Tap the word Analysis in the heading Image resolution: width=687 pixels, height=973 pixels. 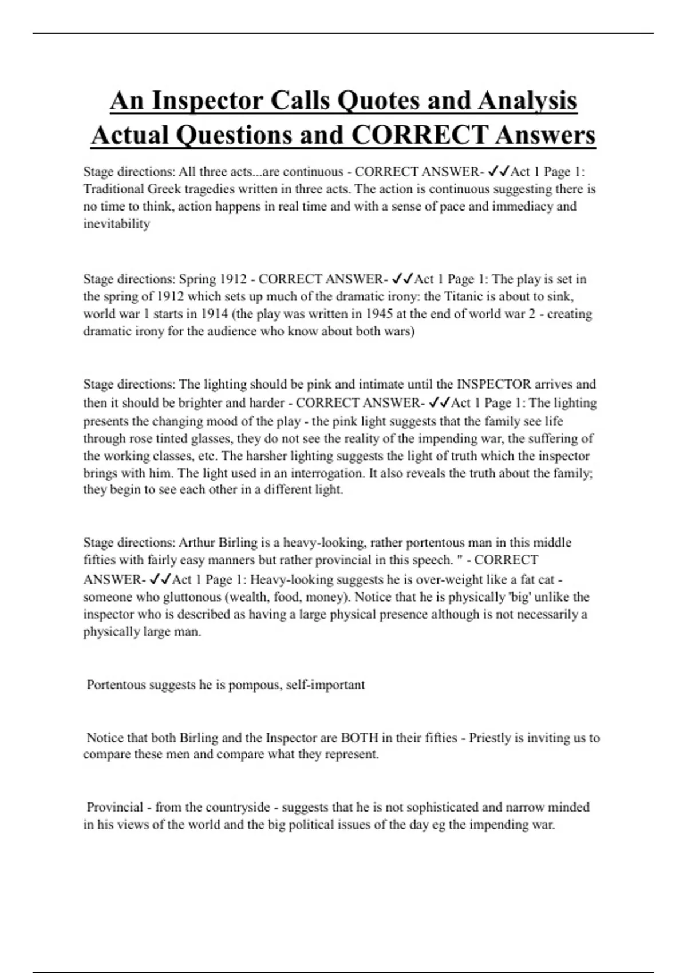527,101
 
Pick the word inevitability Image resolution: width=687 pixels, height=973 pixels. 116,224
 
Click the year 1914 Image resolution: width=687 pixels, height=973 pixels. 215,314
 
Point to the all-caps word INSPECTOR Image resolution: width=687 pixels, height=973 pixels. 502,384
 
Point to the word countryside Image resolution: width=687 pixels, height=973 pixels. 237,807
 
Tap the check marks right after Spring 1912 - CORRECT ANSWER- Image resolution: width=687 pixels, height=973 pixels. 402,279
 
